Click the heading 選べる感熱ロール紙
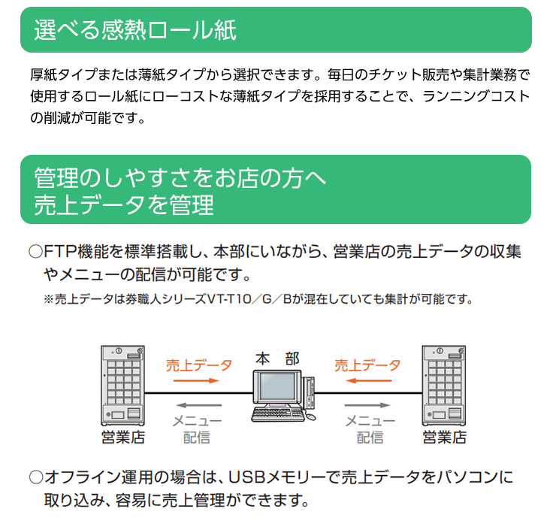coord(135,30)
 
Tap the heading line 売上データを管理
coord(124,204)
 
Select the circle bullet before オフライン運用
coord(35,477)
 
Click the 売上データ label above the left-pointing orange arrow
coord(367,365)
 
